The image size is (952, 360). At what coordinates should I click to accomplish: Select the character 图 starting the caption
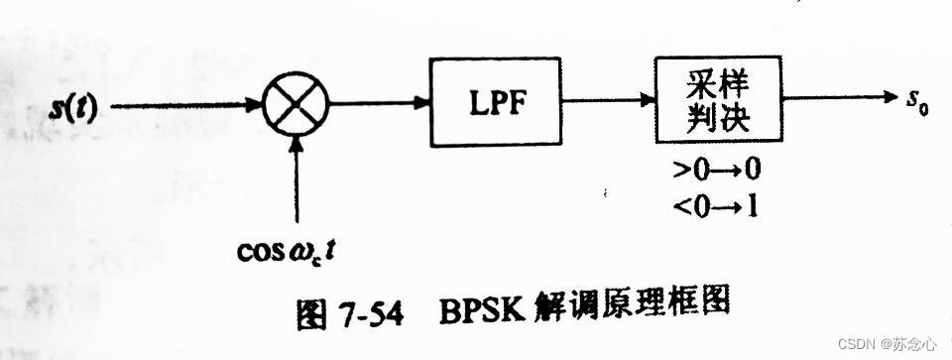tap(317, 315)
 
